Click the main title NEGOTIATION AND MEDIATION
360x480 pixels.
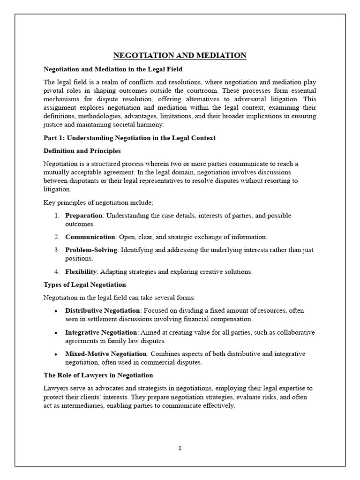(180, 56)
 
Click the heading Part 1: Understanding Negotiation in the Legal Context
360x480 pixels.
(129, 138)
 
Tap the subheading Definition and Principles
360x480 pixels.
(82, 151)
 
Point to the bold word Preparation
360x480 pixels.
(83, 216)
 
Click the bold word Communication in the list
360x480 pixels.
(90, 237)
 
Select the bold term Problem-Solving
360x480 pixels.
(91, 250)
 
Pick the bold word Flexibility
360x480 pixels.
(81, 271)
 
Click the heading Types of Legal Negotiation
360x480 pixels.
(85, 285)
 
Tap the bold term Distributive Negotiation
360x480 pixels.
(103, 310)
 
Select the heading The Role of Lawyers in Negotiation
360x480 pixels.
(98, 375)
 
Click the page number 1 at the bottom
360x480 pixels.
(180, 448)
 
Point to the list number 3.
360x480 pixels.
(56, 250)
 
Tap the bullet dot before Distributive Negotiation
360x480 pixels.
(56, 311)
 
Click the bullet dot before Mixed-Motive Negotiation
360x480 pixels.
(56, 354)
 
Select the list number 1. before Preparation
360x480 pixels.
(56, 216)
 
